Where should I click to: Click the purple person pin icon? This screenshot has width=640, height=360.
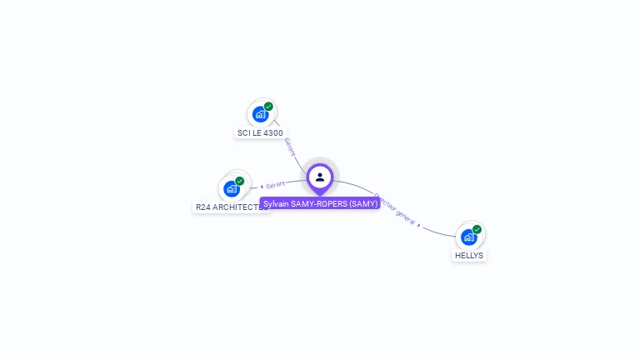click(320, 177)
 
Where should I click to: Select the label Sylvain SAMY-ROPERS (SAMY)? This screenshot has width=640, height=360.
click(321, 203)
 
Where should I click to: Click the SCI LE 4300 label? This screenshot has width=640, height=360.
click(260, 132)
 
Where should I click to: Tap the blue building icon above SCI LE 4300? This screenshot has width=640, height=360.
click(260, 114)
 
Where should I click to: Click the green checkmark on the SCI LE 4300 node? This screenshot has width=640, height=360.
click(268, 107)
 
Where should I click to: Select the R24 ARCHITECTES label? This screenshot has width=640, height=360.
click(231, 207)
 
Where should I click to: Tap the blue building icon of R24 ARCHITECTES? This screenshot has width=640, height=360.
click(232, 188)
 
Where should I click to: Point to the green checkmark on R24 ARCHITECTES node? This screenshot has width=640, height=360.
click(240, 181)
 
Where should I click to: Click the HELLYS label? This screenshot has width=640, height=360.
click(469, 255)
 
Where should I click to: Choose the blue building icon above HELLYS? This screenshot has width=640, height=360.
click(469, 237)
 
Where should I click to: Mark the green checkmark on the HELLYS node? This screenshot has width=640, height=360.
click(477, 229)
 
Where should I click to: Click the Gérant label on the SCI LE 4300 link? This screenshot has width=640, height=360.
click(289, 147)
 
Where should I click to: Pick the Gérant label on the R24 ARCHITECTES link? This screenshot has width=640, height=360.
click(276, 184)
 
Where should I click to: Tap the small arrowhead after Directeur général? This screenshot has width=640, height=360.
click(419, 225)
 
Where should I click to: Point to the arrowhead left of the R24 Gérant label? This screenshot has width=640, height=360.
click(262, 186)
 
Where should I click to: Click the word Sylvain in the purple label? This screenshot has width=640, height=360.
click(276, 203)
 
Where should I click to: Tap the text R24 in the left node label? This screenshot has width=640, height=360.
click(202, 207)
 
